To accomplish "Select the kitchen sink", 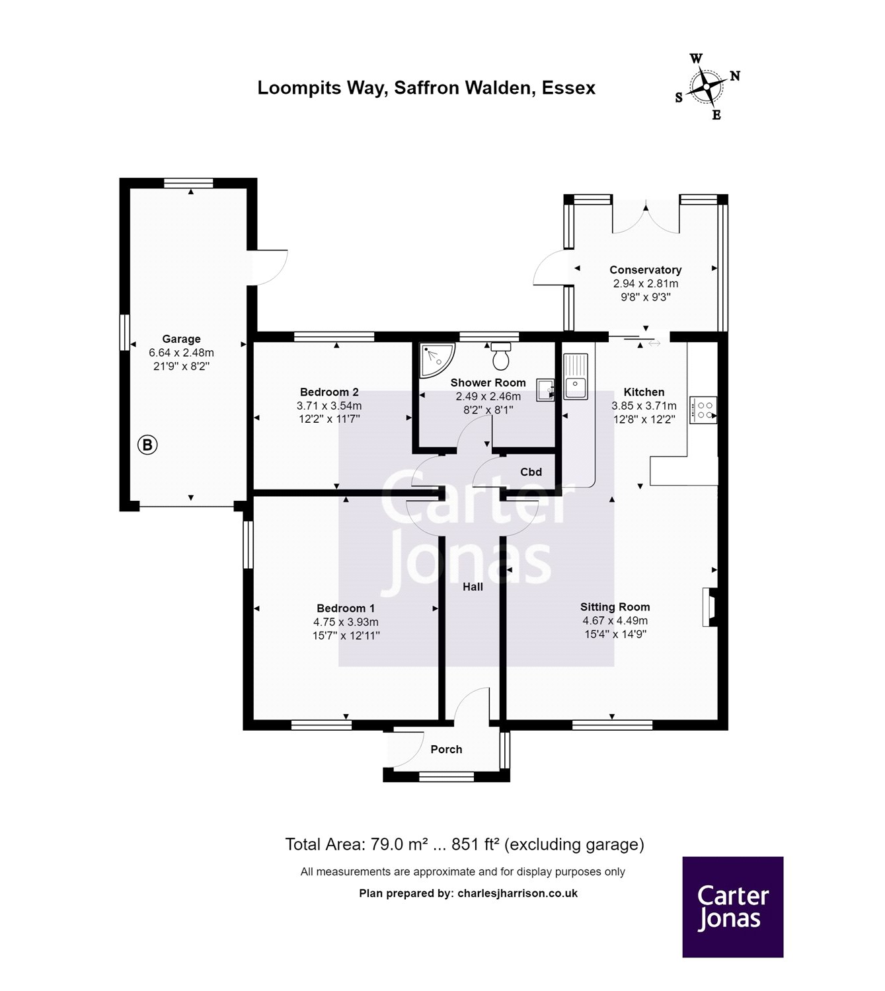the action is pos(575,376).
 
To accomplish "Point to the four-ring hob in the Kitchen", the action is pos(703,410).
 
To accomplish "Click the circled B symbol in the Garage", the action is pos(147,445).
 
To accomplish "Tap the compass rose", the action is pos(707,87).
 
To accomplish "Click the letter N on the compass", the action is pos(735,76).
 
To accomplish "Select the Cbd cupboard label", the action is pos(531,472).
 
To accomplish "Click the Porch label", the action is pos(446,749).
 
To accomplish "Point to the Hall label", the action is pos(473,587).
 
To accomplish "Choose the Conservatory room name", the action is pos(645,270).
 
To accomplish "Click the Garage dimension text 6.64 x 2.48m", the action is pos(181,353).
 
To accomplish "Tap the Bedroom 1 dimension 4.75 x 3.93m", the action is pos(346,622).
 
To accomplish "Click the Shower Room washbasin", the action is pos(545,390).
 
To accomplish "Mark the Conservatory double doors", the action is pos(646,217).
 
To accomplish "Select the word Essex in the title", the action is pos(568,88).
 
